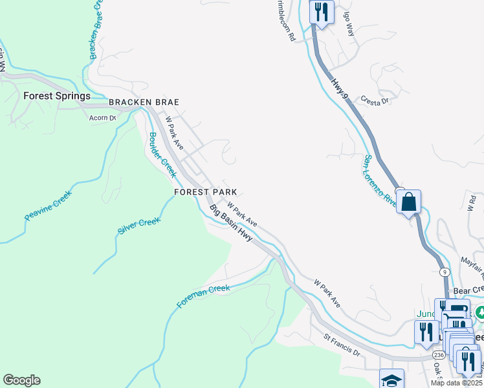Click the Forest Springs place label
click(x=57, y=96)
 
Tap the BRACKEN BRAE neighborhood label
click(x=144, y=102)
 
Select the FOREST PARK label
click(x=205, y=192)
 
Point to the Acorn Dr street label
click(x=102, y=118)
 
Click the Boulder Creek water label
click(x=162, y=155)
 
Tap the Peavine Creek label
click(x=49, y=206)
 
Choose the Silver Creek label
click(x=138, y=226)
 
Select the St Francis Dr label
click(x=342, y=345)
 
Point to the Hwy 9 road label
click(x=340, y=88)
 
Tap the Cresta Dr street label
click(x=375, y=101)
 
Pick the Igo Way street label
click(x=349, y=26)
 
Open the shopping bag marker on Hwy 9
click(x=409, y=202)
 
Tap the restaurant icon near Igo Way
click(x=322, y=11)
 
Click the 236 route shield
click(x=437, y=354)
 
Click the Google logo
click(x=21, y=380)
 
